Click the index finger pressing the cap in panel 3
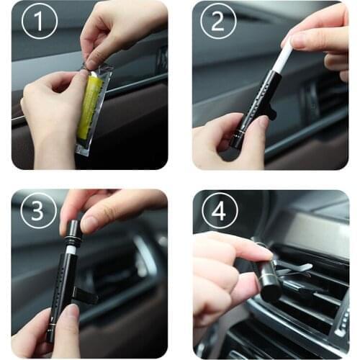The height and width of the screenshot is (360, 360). [108, 220]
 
